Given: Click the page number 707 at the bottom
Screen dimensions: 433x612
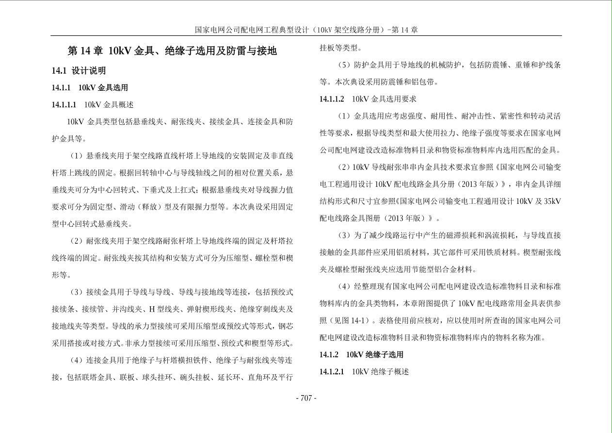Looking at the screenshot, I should click(x=306, y=398).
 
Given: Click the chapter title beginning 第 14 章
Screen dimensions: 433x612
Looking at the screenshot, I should click(x=172, y=51).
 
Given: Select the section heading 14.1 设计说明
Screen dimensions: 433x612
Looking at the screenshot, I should click(x=79, y=70).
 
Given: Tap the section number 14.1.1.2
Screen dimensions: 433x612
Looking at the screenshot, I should click(x=331, y=99).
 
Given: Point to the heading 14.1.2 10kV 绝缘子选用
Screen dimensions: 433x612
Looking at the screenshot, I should click(x=361, y=355).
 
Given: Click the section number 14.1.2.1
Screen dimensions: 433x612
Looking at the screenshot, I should click(x=331, y=372).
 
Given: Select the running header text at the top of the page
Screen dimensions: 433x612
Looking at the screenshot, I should click(x=306, y=30).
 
